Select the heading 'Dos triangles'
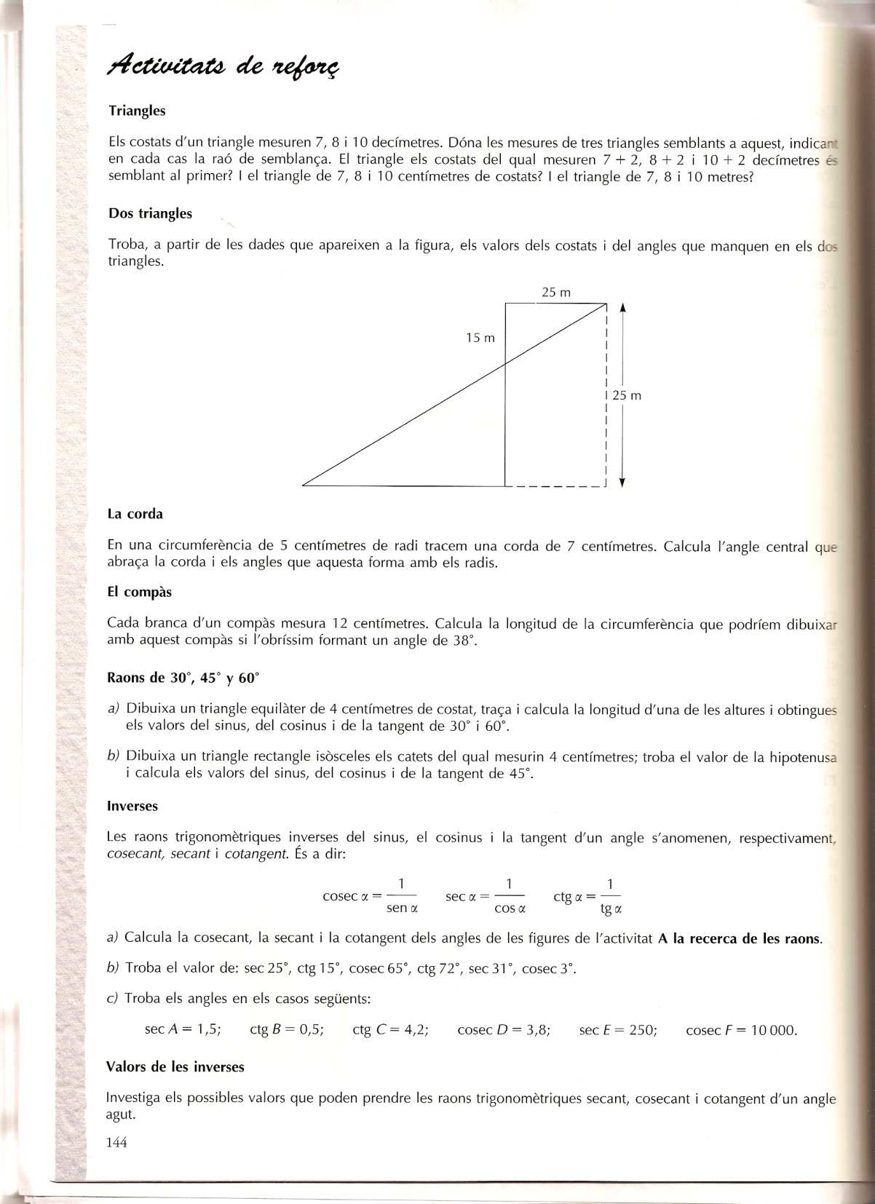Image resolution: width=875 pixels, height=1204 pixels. (150, 213)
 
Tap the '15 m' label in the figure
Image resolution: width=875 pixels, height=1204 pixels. (480, 338)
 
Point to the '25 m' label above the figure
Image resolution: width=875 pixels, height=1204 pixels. (556, 293)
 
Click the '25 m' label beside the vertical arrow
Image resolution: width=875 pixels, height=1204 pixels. (627, 396)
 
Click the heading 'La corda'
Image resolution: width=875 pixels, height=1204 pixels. (135, 514)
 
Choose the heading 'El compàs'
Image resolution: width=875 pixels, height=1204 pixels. (139, 592)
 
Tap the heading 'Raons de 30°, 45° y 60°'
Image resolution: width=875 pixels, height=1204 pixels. (183, 678)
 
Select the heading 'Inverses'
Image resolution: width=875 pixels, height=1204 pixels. (132, 806)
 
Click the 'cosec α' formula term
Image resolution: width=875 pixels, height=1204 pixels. (346, 896)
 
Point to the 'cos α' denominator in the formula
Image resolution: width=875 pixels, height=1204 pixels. (510, 908)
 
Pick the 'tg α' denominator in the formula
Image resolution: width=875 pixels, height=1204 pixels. (611, 908)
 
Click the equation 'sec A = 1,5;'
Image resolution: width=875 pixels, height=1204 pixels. (183, 1029)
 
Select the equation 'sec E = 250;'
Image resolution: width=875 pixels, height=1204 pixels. (618, 1030)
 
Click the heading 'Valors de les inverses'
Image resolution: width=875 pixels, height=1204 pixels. (175, 1067)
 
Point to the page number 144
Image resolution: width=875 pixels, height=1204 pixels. (116, 1143)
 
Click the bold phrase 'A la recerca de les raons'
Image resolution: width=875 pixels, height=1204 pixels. (738, 938)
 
